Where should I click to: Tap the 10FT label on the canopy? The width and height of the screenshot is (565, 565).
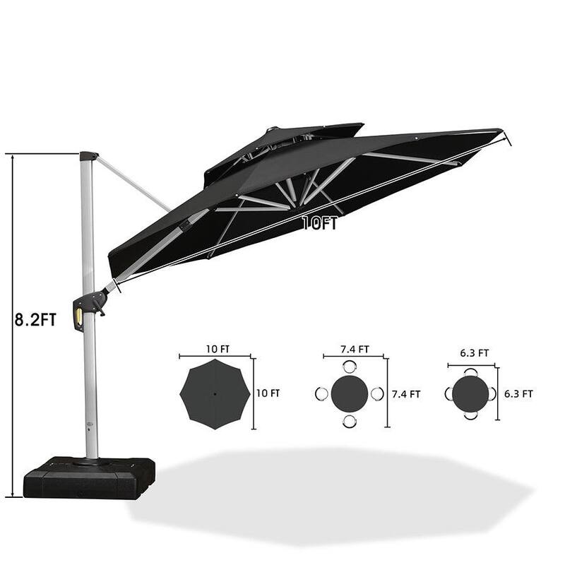click(320, 223)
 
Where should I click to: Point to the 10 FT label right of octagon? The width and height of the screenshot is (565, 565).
click(268, 393)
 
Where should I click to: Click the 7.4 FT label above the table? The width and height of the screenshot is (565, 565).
click(355, 349)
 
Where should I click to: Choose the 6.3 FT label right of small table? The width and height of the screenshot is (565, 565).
click(518, 393)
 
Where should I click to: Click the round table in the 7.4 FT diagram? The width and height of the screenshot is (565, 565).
click(349, 393)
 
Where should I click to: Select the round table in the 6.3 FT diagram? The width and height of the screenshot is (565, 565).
click(471, 393)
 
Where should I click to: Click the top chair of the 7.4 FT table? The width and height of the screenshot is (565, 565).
click(349, 366)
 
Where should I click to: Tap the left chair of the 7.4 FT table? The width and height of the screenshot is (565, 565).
click(321, 393)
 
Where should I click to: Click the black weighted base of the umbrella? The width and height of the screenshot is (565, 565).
click(89, 477)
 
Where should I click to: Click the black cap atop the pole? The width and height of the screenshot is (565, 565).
click(88, 156)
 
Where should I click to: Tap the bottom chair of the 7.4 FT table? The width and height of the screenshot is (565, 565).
click(349, 421)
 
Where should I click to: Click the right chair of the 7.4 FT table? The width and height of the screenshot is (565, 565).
click(376, 393)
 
